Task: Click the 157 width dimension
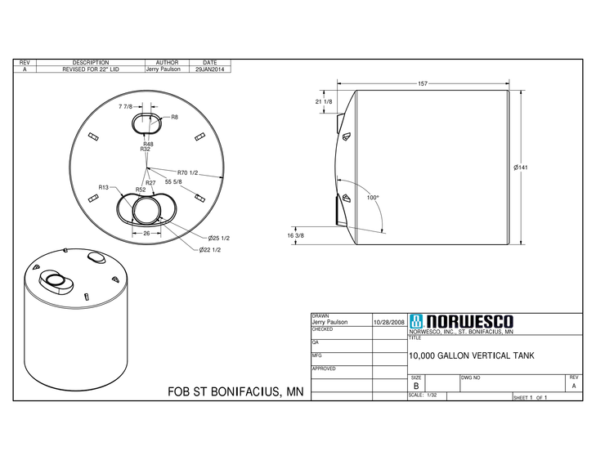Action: (423, 83)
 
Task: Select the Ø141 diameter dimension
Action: (520, 167)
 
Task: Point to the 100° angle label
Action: (373, 198)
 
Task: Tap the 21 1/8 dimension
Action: (323, 101)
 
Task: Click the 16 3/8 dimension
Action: (296, 235)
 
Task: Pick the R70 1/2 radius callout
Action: (189, 172)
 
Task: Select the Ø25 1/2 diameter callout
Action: (219, 238)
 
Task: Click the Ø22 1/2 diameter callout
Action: (210, 249)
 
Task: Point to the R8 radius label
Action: (174, 118)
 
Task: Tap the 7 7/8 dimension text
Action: (125, 107)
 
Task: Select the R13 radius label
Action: (104, 187)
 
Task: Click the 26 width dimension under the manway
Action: (146, 232)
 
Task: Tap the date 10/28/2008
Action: (389, 323)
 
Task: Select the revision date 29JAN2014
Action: (209, 70)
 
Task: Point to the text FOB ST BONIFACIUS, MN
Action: (235, 391)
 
